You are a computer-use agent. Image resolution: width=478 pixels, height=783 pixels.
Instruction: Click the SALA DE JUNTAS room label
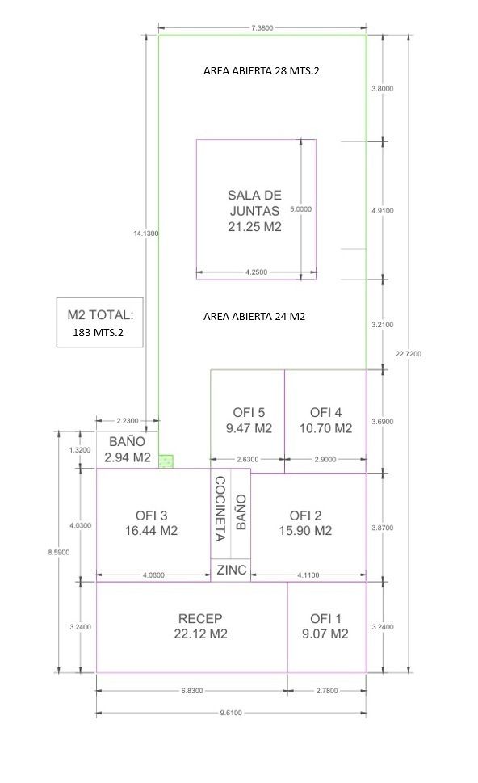pos(254,211)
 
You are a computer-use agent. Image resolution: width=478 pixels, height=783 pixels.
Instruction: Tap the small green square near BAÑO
pos(166,461)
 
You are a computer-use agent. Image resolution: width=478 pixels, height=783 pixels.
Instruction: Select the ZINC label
pos(232,570)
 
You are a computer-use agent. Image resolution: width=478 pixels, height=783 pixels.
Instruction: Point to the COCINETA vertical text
pos(220,508)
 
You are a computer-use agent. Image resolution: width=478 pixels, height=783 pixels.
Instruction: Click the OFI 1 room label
pos(325,626)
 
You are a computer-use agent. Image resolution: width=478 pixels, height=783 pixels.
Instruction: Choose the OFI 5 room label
pos(249,420)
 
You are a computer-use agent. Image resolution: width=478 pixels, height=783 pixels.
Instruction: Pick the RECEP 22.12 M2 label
pos(200,626)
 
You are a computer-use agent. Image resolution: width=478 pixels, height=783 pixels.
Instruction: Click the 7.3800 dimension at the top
pos(262,28)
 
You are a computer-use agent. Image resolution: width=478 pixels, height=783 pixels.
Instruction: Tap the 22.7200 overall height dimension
pos(409,354)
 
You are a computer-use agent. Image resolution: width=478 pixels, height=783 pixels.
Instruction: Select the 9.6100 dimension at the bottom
pos(231,713)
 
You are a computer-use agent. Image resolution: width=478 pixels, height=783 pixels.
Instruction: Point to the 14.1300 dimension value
pos(145,234)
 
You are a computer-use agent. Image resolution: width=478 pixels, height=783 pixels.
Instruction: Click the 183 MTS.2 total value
pos(98,333)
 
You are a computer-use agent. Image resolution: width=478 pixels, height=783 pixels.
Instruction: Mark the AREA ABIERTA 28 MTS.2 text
pos(261,71)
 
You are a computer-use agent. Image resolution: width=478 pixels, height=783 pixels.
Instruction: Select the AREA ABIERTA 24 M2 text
pos(254,317)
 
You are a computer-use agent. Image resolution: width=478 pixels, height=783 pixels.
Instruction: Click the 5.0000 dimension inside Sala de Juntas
pos(301,209)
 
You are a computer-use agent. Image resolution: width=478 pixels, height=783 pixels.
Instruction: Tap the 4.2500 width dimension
pos(257,272)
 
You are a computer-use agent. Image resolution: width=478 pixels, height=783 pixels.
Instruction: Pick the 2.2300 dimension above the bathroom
pos(128,421)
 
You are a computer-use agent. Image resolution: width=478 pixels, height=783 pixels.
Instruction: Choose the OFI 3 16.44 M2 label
pos(151,524)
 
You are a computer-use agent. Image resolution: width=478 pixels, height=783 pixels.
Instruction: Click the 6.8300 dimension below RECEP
pos(192,691)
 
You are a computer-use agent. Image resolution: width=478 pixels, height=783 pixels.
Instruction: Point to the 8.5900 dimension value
pos(59,552)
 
